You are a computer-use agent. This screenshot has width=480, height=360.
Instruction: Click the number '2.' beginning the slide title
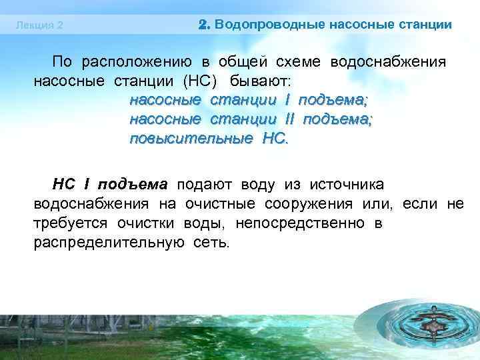click(x=205, y=25)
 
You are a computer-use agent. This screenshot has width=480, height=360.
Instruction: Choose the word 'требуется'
click(x=72, y=223)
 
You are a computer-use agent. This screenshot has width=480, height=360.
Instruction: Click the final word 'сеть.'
click(x=211, y=242)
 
